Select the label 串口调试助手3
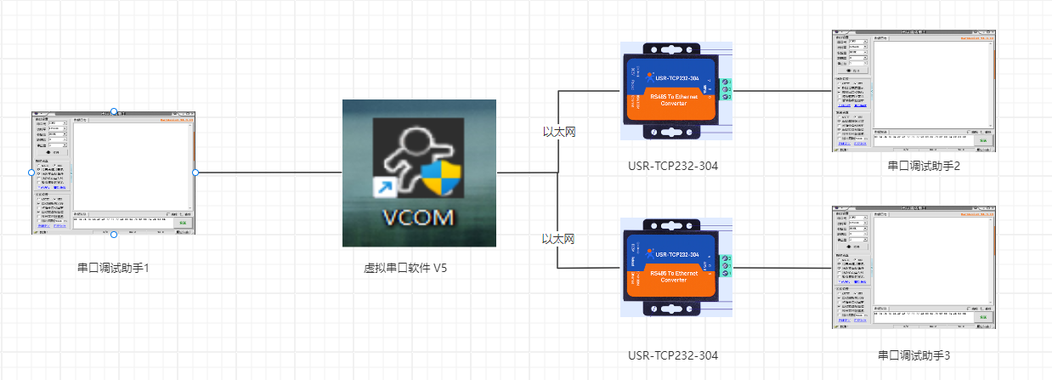pos(913,355)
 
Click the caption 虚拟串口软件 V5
pos(405,268)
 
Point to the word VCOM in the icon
pos(418,217)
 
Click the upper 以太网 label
pos(559,132)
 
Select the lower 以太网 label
pos(558,239)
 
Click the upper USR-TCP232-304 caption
pos(673,166)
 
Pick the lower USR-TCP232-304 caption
pos(672,355)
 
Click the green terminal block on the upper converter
pos(725,89)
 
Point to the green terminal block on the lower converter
pos(724,267)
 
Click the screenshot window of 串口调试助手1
pos(114,173)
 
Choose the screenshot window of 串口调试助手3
pos(913,268)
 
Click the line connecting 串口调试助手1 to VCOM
pos(269,173)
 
